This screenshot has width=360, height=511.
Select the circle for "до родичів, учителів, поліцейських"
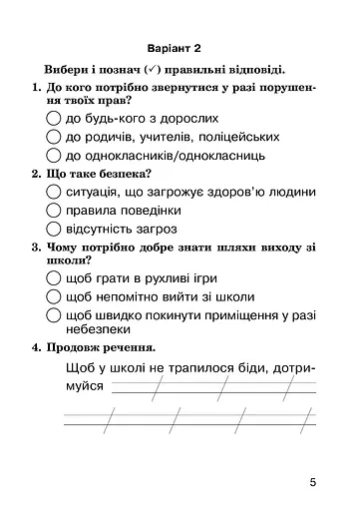(x=53, y=137)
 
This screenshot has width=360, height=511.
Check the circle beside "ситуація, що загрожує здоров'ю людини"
(x=53, y=191)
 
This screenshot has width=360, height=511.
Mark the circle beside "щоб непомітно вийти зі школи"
(x=53, y=296)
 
